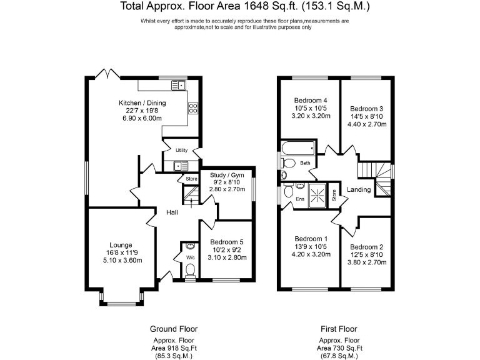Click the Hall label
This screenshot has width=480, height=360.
(x=172, y=212)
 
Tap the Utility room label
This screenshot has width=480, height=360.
(x=182, y=151)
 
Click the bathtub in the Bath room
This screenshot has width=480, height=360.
(x=298, y=149)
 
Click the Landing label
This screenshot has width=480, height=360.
(x=359, y=189)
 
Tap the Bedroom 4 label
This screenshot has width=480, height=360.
(x=311, y=101)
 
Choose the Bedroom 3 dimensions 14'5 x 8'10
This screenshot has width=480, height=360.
(x=367, y=116)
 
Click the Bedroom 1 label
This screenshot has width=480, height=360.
(x=311, y=239)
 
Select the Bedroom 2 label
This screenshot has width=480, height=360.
(x=367, y=247)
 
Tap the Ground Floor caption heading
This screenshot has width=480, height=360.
(x=174, y=329)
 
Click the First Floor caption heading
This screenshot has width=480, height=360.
(x=339, y=329)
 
